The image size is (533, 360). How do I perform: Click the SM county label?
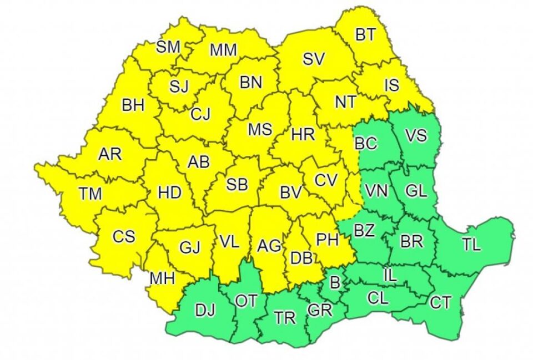(x=168, y=48)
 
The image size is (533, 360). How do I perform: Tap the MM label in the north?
(x=224, y=50)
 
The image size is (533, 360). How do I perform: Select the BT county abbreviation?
(x=365, y=35)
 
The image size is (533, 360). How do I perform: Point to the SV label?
(x=314, y=59)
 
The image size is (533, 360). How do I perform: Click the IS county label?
(x=392, y=85)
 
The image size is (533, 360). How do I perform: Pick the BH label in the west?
(x=133, y=105)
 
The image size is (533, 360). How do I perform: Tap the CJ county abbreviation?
(x=200, y=115)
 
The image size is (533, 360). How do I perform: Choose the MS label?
(x=260, y=130)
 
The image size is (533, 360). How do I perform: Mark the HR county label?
(x=303, y=134)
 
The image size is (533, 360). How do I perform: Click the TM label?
(x=90, y=194)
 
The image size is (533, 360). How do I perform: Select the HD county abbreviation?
(x=169, y=193)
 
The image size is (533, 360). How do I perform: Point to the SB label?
(x=237, y=185)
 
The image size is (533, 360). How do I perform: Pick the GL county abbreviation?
(x=416, y=191)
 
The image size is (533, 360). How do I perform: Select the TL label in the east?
(x=471, y=245)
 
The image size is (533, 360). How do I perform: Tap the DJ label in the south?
(x=205, y=310)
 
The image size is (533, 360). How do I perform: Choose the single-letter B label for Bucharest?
(x=335, y=283)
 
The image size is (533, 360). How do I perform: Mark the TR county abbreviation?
(x=285, y=318)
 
